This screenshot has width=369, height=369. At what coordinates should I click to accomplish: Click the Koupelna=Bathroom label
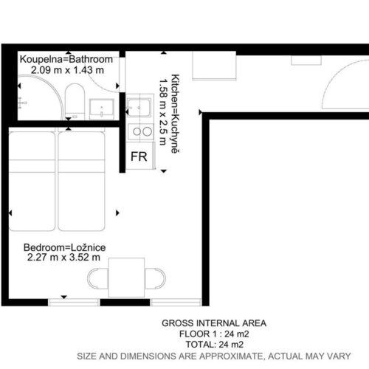click(x=66, y=59)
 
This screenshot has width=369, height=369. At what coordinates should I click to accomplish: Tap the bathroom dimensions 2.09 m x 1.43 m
click(x=67, y=70)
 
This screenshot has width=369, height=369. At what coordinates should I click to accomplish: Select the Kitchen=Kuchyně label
click(x=175, y=114)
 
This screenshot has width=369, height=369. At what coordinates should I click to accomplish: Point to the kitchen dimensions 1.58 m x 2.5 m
click(x=163, y=111)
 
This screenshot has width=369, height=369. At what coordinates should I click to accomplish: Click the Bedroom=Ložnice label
click(x=64, y=247)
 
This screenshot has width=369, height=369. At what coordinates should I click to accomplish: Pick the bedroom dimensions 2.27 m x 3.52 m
click(x=63, y=258)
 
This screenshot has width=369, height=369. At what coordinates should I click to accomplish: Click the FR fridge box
click(x=140, y=156)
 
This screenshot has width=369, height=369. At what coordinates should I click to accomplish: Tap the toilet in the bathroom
click(x=75, y=102)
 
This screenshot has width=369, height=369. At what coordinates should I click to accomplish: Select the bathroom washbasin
click(x=102, y=109)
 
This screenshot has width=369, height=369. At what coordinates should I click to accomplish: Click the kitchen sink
click(x=139, y=107)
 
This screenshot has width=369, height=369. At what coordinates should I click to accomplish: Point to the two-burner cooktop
click(x=140, y=132)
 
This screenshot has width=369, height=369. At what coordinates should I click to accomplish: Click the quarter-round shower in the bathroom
click(x=40, y=97)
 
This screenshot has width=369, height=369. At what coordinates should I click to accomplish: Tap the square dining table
click(x=126, y=277)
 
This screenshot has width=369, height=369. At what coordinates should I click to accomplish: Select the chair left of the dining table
click(x=97, y=278)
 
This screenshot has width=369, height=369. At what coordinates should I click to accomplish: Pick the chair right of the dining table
click(x=155, y=278)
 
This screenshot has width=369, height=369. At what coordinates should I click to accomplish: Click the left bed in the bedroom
click(x=32, y=182)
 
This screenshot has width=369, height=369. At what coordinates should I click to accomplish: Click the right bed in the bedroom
click(x=81, y=182)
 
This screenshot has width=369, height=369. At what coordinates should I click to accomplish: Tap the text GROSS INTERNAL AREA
click(x=214, y=323)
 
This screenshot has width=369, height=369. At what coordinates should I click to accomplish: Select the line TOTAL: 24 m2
click(x=215, y=345)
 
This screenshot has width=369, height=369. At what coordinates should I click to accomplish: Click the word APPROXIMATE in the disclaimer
click(x=231, y=356)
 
